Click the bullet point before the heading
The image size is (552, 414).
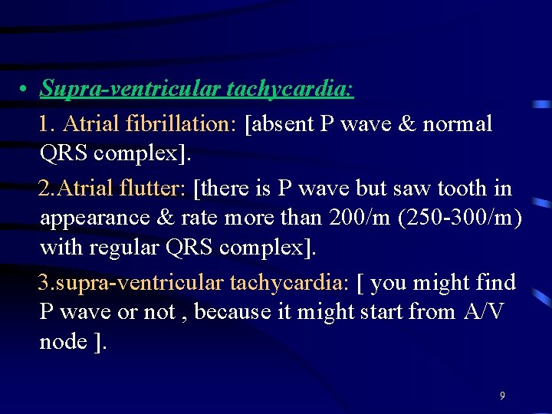coord(25,90)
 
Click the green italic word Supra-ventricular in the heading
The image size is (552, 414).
coord(130,90)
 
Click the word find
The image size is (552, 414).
coord(495,282)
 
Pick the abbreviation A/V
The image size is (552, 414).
coord(483,312)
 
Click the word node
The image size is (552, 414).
coord(63,342)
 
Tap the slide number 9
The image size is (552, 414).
coord(502,396)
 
